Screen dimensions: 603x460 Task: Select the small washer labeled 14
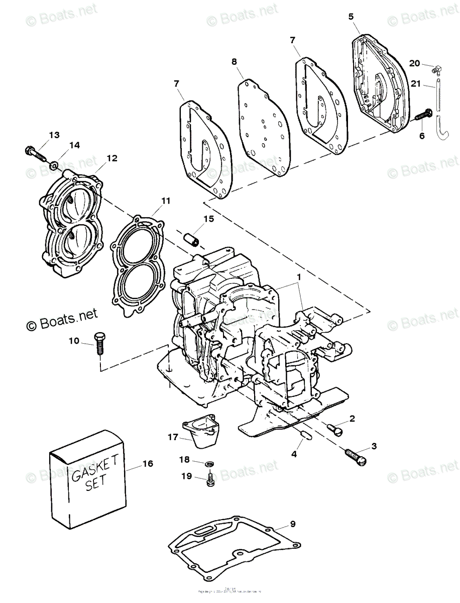click(x=54, y=164)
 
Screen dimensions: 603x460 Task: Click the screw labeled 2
click(x=335, y=428)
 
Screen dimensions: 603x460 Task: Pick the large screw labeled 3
click(x=356, y=456)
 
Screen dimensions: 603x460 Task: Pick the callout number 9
click(x=293, y=525)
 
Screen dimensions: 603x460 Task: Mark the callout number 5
click(x=351, y=16)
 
